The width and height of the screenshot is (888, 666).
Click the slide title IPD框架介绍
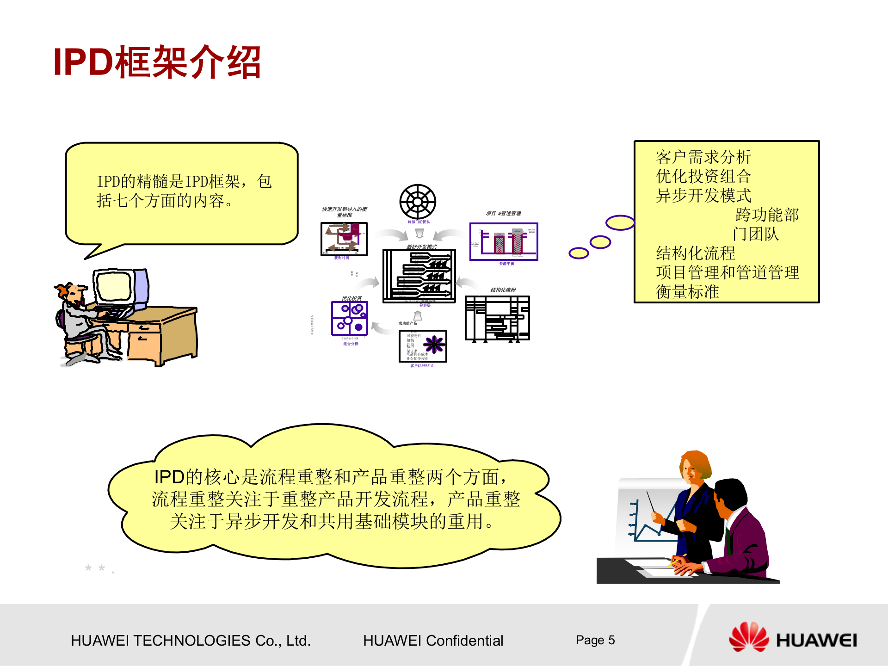pyautogui.click(x=157, y=62)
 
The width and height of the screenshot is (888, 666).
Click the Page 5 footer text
pyautogui.click(x=595, y=640)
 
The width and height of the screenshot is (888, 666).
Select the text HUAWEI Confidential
pyautogui.click(x=433, y=641)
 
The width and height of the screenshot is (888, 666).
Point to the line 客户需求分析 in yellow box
pyautogui.click(x=703, y=157)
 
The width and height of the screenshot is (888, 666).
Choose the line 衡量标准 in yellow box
pyautogui.click(x=687, y=292)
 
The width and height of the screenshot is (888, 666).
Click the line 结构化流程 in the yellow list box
pyautogui.click(x=695, y=253)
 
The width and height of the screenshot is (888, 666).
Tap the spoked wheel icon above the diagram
pyautogui.click(x=418, y=202)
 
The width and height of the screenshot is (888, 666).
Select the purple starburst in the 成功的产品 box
pyautogui.click(x=434, y=345)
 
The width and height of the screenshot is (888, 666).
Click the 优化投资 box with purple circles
pyautogui.click(x=350, y=319)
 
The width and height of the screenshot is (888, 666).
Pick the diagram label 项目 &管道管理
pyautogui.click(x=503, y=214)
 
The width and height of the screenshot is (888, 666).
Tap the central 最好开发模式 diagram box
pyautogui.click(x=419, y=276)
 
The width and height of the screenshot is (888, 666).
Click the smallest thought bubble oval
pyautogui.click(x=579, y=253)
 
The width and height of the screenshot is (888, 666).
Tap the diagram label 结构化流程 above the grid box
pyautogui.click(x=503, y=290)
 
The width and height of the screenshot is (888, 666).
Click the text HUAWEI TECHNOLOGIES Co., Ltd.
pyautogui.click(x=191, y=641)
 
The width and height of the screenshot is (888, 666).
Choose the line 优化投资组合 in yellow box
pyautogui.click(x=703, y=177)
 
